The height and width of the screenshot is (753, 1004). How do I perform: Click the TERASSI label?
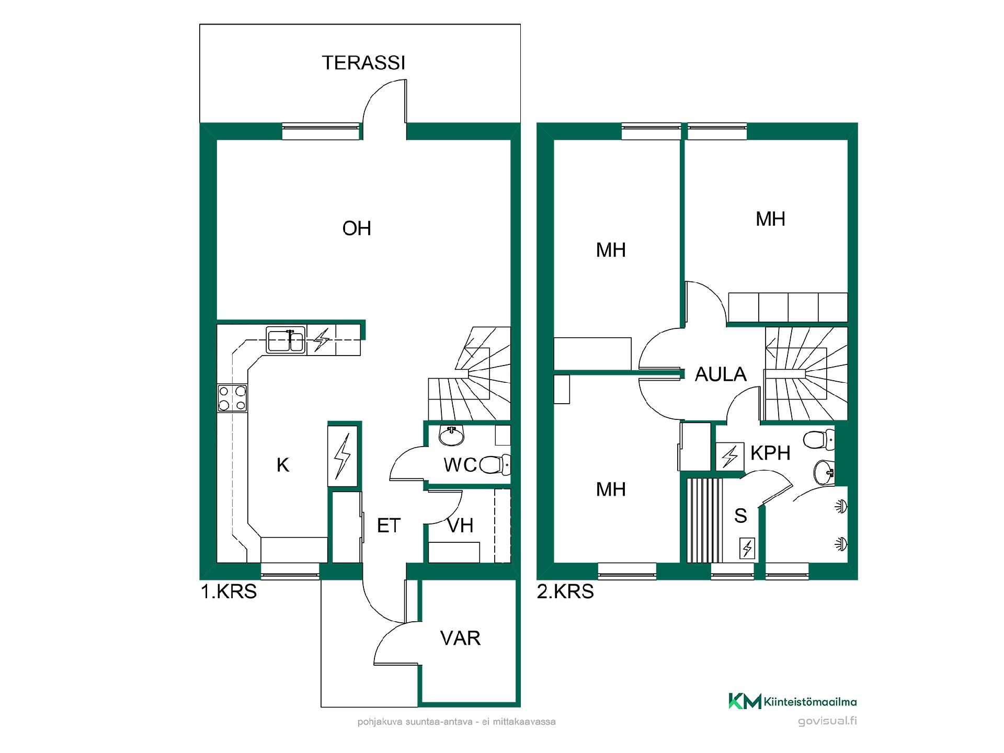coord(363,63)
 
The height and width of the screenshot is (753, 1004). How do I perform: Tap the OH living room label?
coord(357,229)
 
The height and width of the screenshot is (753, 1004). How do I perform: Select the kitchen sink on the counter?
coord(286,340)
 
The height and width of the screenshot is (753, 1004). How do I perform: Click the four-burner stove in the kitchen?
coord(232,398)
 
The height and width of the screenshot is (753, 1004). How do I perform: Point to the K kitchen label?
coord(283,465)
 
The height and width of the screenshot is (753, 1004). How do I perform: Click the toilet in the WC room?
coord(494,464)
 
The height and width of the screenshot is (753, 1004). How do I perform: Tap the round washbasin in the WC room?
coord(451,436)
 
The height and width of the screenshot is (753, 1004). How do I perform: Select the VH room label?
coord(460,526)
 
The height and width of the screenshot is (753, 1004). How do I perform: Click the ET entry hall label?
coord(389,526)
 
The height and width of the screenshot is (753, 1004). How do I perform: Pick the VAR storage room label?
coord(460,638)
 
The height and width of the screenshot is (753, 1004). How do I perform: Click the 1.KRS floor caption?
coord(229,591)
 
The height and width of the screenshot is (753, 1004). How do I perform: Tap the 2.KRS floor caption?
coord(565,591)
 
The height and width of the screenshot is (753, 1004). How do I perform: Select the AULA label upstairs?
coord(721,374)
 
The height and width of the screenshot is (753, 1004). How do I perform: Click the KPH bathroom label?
coord(770,453)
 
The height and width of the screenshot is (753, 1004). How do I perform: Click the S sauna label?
coord(740,516)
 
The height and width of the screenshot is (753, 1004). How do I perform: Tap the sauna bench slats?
coord(704,520)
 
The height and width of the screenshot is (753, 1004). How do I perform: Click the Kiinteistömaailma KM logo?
coord(793,701)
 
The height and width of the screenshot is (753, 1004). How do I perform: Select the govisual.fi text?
coord(827,722)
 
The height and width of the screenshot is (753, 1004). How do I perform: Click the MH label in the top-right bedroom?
coord(770,219)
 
